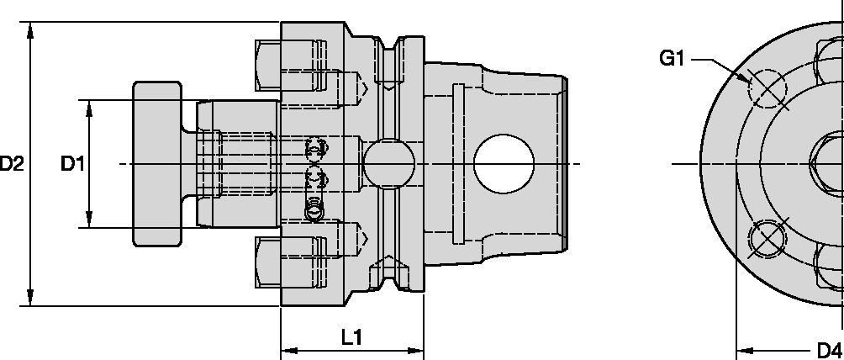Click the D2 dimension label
click(x=11, y=164)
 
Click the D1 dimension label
click(x=73, y=164)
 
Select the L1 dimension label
click(x=351, y=337)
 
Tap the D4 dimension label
click(x=829, y=350)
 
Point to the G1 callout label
click(x=673, y=59)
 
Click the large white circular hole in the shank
click(x=504, y=163)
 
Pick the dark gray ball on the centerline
click(x=388, y=163)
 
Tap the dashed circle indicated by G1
click(x=767, y=87)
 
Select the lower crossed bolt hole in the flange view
click(x=767, y=238)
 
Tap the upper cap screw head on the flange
click(x=268, y=65)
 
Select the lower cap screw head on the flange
click(x=268, y=262)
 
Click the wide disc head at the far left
click(x=156, y=163)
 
